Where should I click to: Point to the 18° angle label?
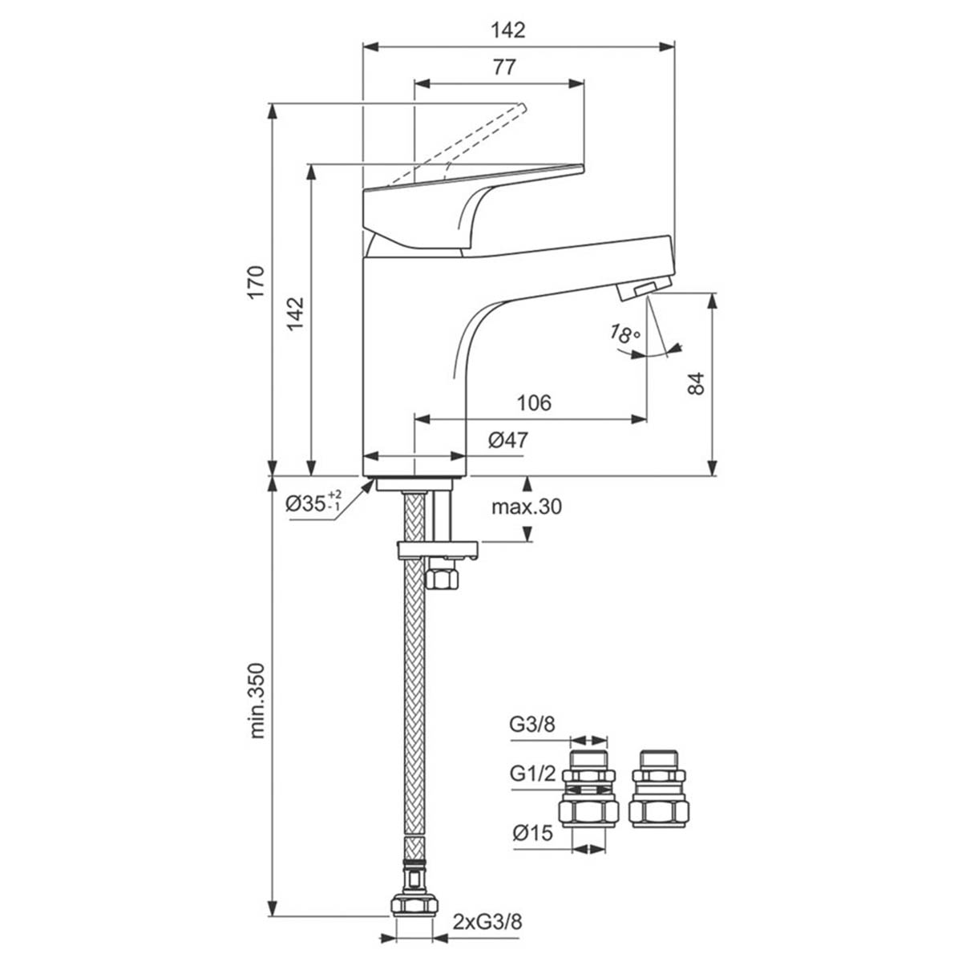click(x=624, y=334)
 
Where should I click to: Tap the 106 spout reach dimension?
click(x=534, y=402)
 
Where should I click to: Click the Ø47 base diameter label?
click(x=507, y=440)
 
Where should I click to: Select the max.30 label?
click(x=527, y=507)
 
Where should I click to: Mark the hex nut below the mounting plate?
click(x=442, y=577)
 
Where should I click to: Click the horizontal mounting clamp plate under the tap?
click(x=438, y=550)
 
